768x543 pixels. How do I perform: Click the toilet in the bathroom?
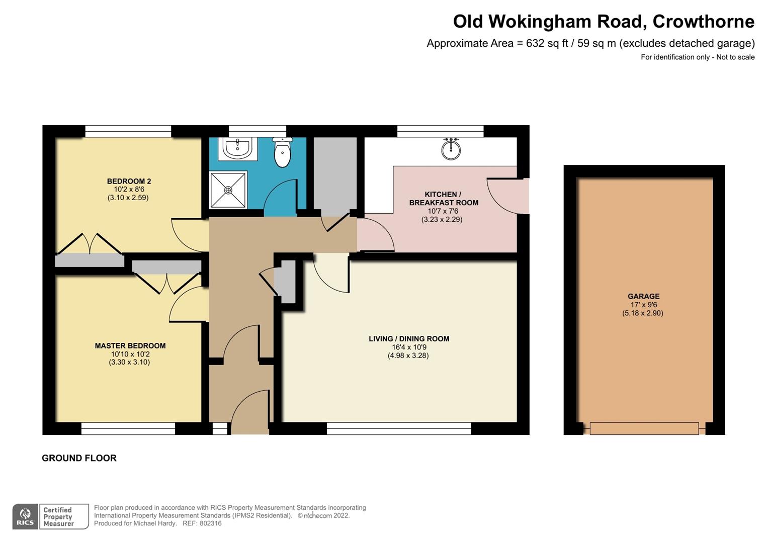coord(283,153)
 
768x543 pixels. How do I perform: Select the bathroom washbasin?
coord(237,148)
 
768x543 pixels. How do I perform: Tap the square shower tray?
coord(228,190)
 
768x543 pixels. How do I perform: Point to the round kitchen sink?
coord(451,149)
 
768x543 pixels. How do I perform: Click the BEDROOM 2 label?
coord(129,181)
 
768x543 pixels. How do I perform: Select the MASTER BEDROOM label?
coord(130,345)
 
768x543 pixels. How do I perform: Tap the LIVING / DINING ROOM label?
coord(408,339)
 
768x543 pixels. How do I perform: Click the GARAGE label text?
coord(643,296)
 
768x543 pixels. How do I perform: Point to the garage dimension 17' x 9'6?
coord(643,305)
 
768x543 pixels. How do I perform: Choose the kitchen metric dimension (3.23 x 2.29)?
coord(442,220)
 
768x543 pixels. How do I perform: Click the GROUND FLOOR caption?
coord(79,458)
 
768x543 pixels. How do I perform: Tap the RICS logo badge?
coord(25,516)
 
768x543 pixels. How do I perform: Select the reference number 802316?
coord(210,523)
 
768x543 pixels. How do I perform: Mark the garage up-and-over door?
coord(644,428)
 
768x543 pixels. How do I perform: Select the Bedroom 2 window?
coord(128,131)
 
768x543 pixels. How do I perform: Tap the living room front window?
coord(398,428)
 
